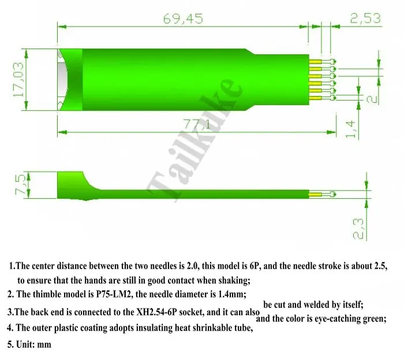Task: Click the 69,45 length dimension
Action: click(183, 19)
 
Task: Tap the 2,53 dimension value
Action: click(365, 18)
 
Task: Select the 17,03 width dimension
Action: click(18, 79)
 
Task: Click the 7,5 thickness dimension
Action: click(21, 185)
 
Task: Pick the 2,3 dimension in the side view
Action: click(358, 228)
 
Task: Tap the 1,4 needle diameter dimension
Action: click(351, 129)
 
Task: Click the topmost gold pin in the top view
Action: click(315, 62)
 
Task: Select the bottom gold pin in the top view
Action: click(315, 98)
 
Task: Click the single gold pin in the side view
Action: click(315, 194)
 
